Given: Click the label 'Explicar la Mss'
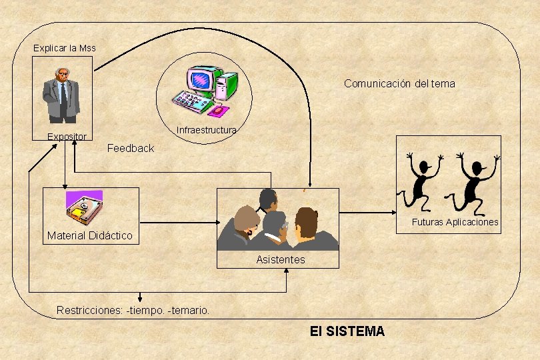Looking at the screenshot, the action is pyautogui.click(x=65, y=48).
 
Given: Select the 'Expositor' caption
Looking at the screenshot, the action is pyautogui.click(x=67, y=137).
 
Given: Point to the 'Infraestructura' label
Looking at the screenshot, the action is pyautogui.click(x=206, y=130).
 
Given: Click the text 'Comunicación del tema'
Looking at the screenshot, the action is pyautogui.click(x=399, y=83).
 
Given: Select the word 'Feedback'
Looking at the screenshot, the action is pyautogui.click(x=131, y=148).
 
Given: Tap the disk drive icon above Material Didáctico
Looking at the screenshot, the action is pyautogui.click(x=84, y=207).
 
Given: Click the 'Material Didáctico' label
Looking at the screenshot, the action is pyautogui.click(x=90, y=235).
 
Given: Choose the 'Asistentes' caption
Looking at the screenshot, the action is pyautogui.click(x=281, y=259).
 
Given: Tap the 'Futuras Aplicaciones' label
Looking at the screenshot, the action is pyautogui.click(x=455, y=222).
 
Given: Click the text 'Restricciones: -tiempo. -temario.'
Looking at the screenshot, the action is pyautogui.click(x=133, y=310).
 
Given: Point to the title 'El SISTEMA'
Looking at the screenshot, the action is pyautogui.click(x=347, y=331).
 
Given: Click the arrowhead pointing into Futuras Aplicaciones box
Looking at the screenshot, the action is pyautogui.click(x=393, y=213).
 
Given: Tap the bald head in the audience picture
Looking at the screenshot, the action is pyautogui.click(x=268, y=199).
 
